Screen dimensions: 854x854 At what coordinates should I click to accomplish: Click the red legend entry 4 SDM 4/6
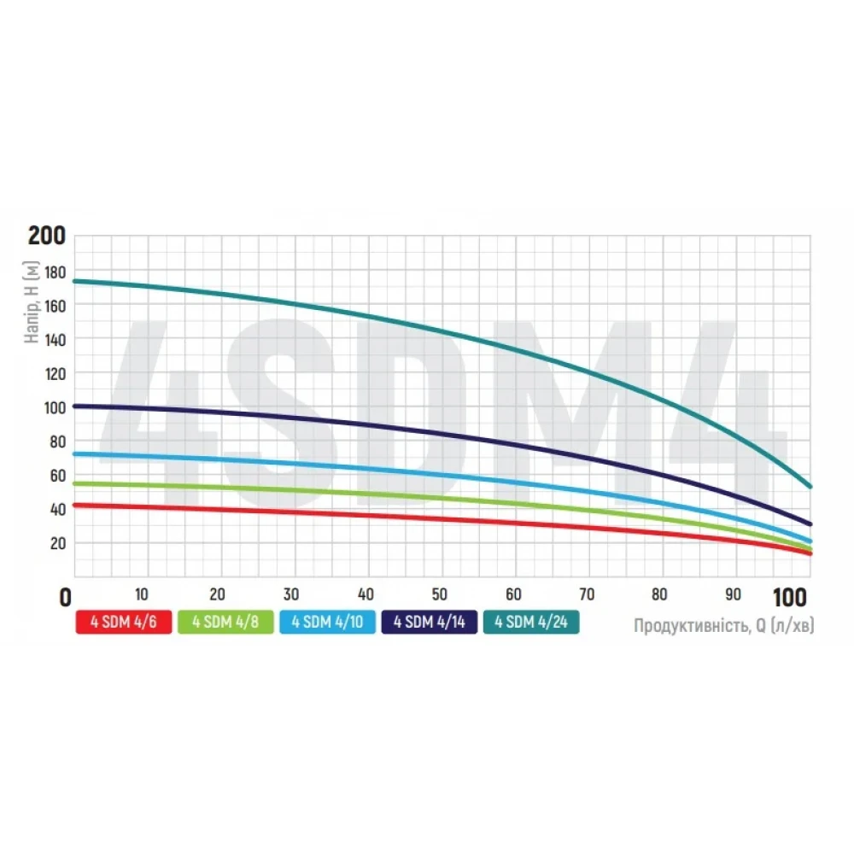tap(125, 623)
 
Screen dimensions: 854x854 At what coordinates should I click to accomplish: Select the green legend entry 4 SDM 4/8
tap(226, 623)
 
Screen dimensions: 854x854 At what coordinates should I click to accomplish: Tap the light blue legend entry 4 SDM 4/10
tap(327, 623)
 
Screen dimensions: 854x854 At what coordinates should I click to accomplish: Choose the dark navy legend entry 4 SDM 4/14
tap(430, 623)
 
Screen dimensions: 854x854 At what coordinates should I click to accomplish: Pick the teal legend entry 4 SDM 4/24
tap(531, 623)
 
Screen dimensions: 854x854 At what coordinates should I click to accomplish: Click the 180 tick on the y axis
tap(56, 272)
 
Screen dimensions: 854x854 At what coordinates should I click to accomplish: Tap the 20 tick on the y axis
tap(59, 543)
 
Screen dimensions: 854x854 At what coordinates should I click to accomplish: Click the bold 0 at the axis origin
tap(65, 598)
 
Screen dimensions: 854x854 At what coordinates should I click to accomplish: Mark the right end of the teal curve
tap(810, 486)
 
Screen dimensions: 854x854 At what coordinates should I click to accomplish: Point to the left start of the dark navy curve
tap(75, 406)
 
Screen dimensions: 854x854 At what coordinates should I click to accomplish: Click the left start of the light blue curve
tap(75, 453)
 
